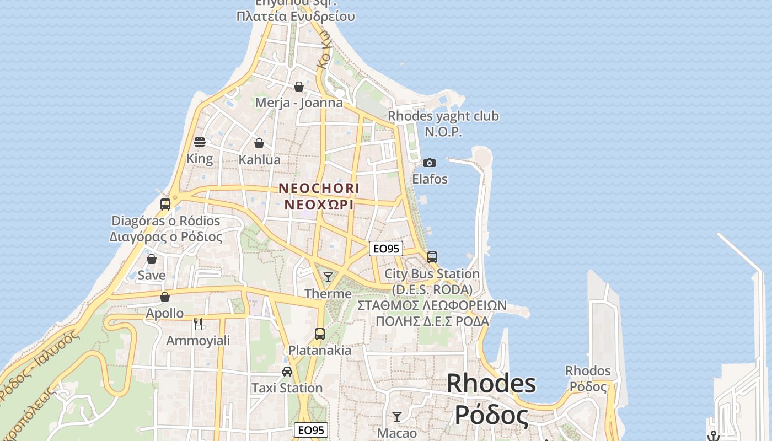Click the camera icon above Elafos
coord(430,163)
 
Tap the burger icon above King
coord(200,142)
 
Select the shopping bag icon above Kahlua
coord(259,143)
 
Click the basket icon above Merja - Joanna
coord(299,87)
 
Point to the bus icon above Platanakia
coord(320,334)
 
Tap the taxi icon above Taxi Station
coord(287,371)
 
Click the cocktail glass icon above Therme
coord(328,277)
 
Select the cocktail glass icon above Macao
coord(397,416)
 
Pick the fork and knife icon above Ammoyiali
coord(198,324)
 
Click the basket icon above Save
coord(152,259)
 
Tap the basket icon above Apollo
coord(165,297)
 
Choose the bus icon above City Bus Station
coord(432,257)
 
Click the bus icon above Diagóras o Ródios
coord(165,205)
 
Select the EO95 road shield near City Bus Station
coord(386,249)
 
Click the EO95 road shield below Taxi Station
coord(312,430)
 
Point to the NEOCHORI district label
coord(319,189)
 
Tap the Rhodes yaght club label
coord(443,116)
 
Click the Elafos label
coord(430,179)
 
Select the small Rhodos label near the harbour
coord(588,370)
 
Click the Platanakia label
coord(320,351)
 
